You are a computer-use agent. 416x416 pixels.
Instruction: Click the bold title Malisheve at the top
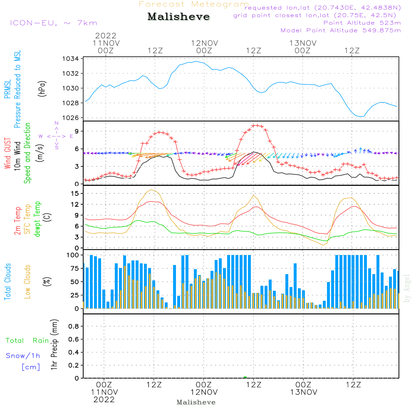point(179,17)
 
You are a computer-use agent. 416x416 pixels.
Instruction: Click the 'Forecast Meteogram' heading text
point(194,4)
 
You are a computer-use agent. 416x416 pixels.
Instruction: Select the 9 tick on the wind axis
point(77,131)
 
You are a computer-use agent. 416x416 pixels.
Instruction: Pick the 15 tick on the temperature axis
point(75,193)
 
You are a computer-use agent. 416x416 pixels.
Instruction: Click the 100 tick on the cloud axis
point(73,255)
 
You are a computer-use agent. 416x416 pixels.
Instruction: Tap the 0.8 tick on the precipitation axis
point(74,327)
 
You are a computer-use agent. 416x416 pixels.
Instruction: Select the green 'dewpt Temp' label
point(37,219)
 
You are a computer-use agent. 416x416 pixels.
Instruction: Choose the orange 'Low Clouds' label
point(28,282)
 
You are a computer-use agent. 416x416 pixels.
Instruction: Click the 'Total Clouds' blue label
point(8,282)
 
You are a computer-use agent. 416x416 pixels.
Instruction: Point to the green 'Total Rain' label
point(27,341)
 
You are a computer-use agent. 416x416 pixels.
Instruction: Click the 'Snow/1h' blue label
point(23,356)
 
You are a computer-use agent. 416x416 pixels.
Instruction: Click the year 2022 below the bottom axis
point(104,400)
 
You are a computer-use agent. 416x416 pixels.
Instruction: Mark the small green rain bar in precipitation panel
point(245,377)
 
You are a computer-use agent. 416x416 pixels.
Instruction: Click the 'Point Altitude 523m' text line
point(362,22)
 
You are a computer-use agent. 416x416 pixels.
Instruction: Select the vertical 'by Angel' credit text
point(407,288)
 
